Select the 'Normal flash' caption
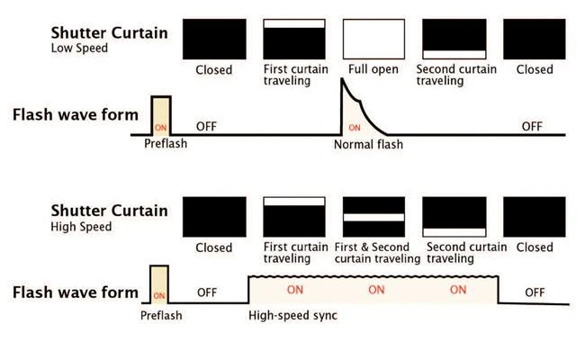[368, 145]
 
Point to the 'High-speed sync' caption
[292, 317]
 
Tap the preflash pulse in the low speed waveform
[161, 115]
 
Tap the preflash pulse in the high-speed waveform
[159, 285]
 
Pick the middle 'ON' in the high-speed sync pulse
[376, 290]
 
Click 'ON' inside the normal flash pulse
[354, 127]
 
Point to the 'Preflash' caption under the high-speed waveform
[161, 316]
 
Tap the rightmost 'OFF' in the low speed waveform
[532, 126]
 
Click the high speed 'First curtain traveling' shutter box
[294, 218]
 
